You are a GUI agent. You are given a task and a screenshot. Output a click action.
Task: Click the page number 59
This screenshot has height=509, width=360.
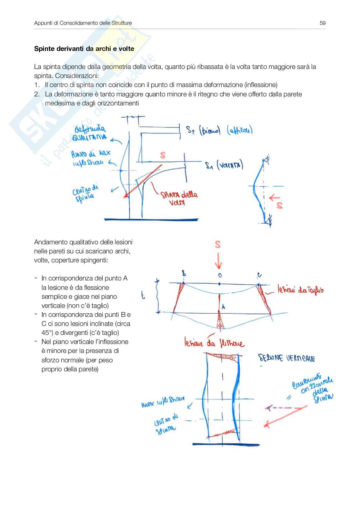[x=322, y=23]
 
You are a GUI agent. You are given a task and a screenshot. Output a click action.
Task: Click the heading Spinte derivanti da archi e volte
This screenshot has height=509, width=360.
[x=84, y=49]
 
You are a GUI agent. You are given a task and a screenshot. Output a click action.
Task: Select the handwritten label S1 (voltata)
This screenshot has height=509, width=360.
[x=224, y=165]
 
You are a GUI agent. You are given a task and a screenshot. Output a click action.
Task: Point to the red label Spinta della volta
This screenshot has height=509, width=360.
[x=179, y=198]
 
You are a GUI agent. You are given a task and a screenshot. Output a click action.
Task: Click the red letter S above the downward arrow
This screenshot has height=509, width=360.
[x=218, y=244]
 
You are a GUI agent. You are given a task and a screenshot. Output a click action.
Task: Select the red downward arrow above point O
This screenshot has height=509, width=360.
[x=218, y=261]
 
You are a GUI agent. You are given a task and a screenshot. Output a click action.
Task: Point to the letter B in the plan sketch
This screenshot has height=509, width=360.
[x=184, y=274]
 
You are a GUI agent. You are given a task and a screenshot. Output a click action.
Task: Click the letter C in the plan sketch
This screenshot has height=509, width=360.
[x=259, y=275]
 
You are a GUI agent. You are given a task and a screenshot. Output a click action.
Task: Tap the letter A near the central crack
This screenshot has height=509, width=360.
[x=223, y=307]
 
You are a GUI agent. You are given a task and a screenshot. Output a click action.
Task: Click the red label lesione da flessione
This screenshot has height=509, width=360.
[x=214, y=342]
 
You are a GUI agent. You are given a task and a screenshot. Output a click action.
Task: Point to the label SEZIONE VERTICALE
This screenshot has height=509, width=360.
[x=286, y=358]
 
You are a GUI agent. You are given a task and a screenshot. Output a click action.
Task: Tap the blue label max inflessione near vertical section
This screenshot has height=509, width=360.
[x=163, y=402]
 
